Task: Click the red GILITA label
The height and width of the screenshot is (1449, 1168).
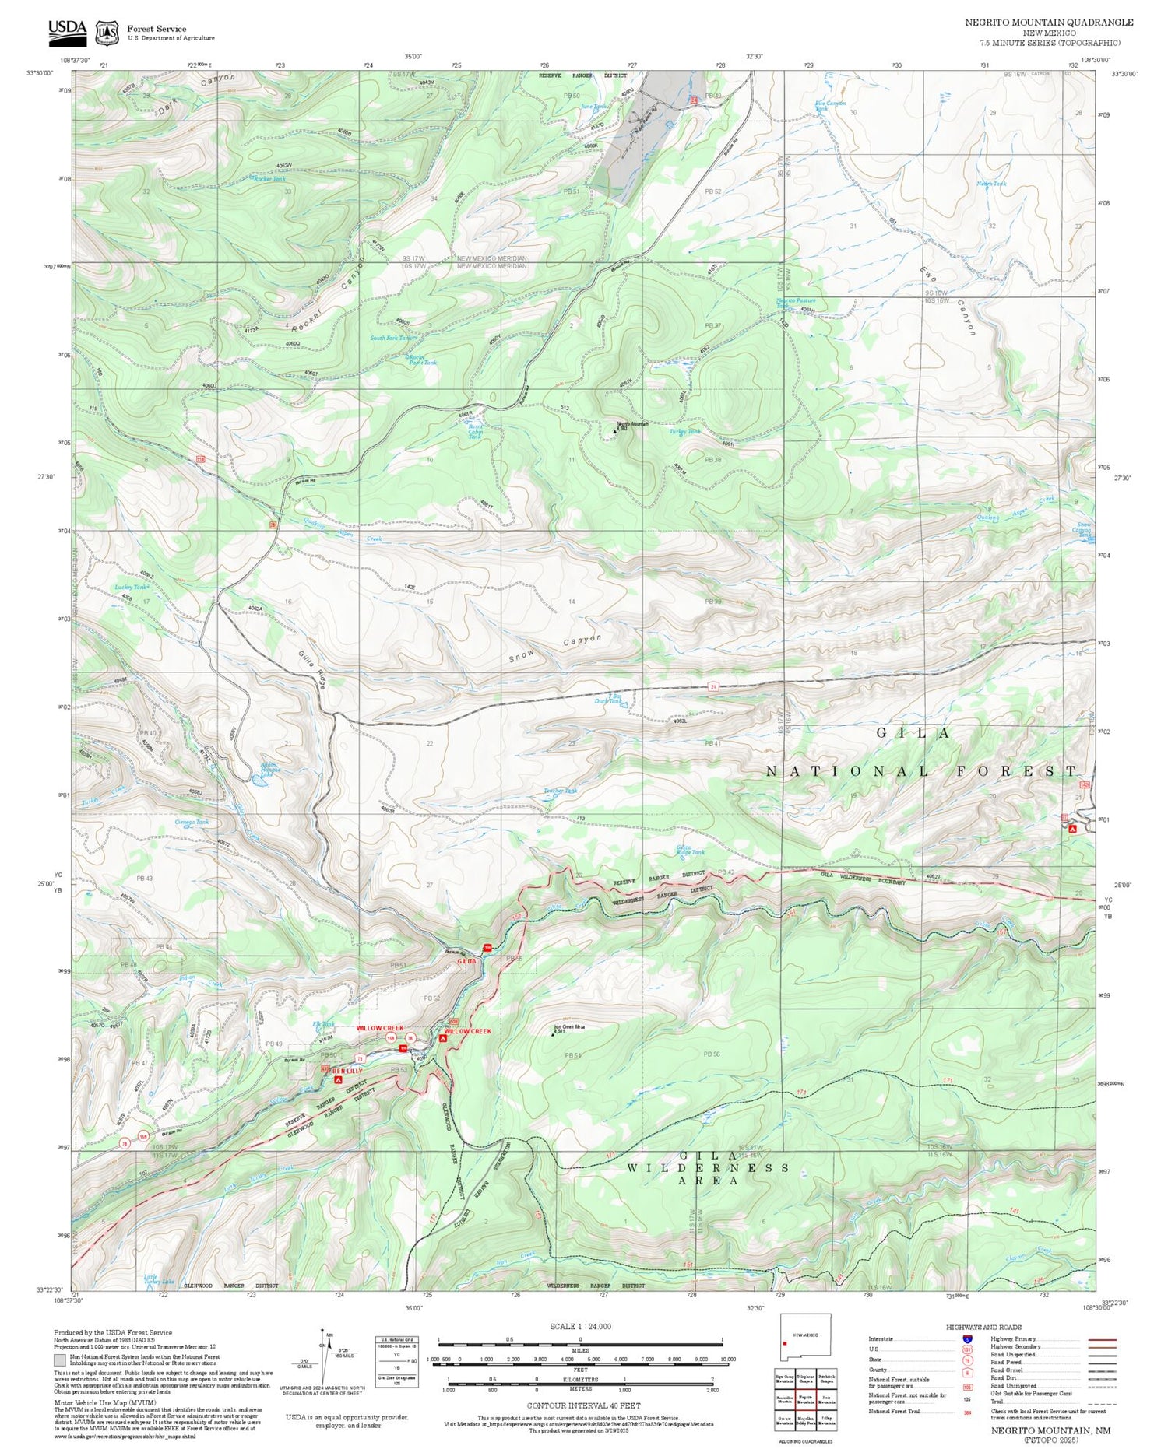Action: (x=466, y=961)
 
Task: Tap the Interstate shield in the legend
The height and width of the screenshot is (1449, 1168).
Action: (x=967, y=1338)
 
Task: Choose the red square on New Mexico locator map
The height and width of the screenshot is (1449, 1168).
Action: (x=785, y=1342)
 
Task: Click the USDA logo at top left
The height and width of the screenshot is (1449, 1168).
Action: (x=68, y=30)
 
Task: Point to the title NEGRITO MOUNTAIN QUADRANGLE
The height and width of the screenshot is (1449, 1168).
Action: (x=1049, y=23)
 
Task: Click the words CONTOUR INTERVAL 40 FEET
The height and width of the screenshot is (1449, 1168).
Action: (x=583, y=1405)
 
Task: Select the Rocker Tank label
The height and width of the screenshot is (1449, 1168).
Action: (x=269, y=178)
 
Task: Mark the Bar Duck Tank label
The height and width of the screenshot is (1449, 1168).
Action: (x=609, y=698)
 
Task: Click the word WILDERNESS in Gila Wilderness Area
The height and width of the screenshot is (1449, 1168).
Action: (x=709, y=1167)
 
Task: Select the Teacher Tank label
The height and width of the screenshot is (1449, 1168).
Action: (x=561, y=791)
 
